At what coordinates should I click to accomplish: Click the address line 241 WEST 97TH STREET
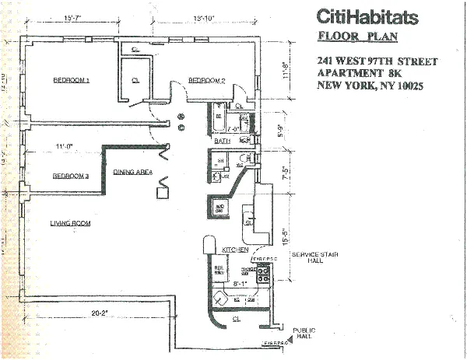coord(377,61)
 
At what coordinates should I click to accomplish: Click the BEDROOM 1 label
coord(72,80)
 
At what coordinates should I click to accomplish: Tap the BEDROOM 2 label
coord(206,80)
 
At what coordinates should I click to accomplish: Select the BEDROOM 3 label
coord(71,177)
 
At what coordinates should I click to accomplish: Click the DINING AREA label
coord(132,172)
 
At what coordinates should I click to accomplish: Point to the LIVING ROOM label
coord(71,223)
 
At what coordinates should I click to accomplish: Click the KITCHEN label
coord(235,250)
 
